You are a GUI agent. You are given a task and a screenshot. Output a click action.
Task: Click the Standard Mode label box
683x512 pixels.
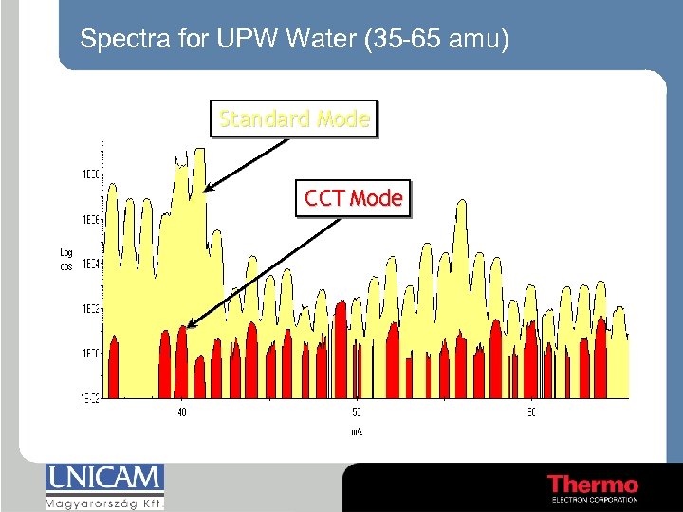[293, 119]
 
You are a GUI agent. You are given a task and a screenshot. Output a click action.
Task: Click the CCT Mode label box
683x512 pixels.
[353, 199]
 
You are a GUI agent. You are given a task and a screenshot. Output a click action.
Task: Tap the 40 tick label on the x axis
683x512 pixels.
[182, 411]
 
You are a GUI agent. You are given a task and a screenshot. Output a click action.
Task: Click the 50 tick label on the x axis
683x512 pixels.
[357, 411]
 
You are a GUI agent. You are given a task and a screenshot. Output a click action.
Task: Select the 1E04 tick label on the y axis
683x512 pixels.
[91, 264]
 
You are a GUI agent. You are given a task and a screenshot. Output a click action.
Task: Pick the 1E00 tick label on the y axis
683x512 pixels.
[91, 353]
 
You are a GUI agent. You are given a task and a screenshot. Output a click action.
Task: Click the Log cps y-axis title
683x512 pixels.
[66, 259]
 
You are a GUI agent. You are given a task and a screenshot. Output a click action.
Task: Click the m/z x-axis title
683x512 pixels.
[356, 431]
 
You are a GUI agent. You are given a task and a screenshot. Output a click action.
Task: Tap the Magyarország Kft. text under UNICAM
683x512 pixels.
[104, 503]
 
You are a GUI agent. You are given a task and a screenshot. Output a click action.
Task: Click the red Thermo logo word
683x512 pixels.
[593, 484]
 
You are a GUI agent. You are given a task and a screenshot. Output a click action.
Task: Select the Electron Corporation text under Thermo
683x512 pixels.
[594, 500]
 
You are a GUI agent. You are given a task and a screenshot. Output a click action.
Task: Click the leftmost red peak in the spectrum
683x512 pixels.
[115, 365]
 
